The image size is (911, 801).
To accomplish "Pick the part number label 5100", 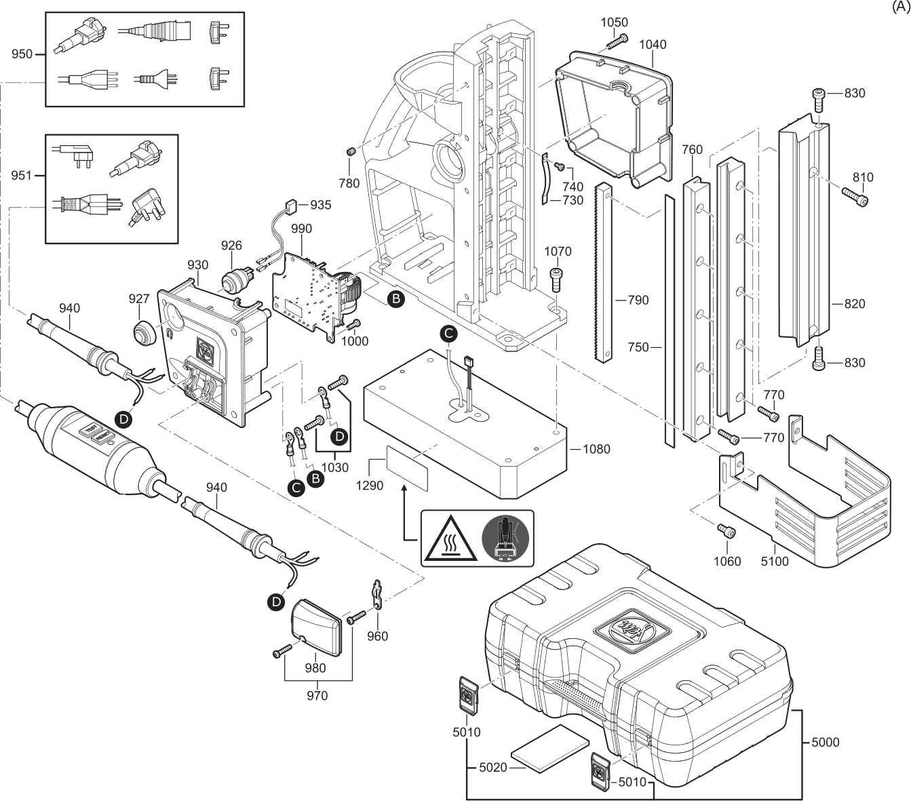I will pos(775,562).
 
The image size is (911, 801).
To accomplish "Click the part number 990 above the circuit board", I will pos(301,230).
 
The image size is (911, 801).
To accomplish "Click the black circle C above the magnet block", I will pos(448,332).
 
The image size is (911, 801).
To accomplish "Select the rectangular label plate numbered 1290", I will pos(408,468).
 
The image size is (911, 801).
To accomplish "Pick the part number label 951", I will pos(22,176).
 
